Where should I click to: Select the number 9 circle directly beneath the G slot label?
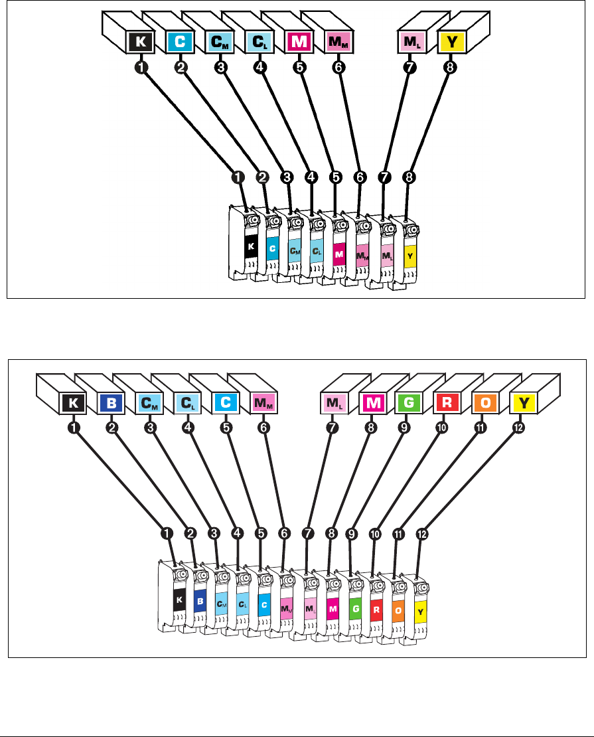(x=404, y=428)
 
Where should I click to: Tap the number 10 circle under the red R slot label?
(x=442, y=428)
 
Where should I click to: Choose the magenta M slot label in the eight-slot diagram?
(x=300, y=42)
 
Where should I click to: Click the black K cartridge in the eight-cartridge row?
(x=250, y=246)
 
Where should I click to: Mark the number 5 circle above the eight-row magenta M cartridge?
(x=335, y=177)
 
